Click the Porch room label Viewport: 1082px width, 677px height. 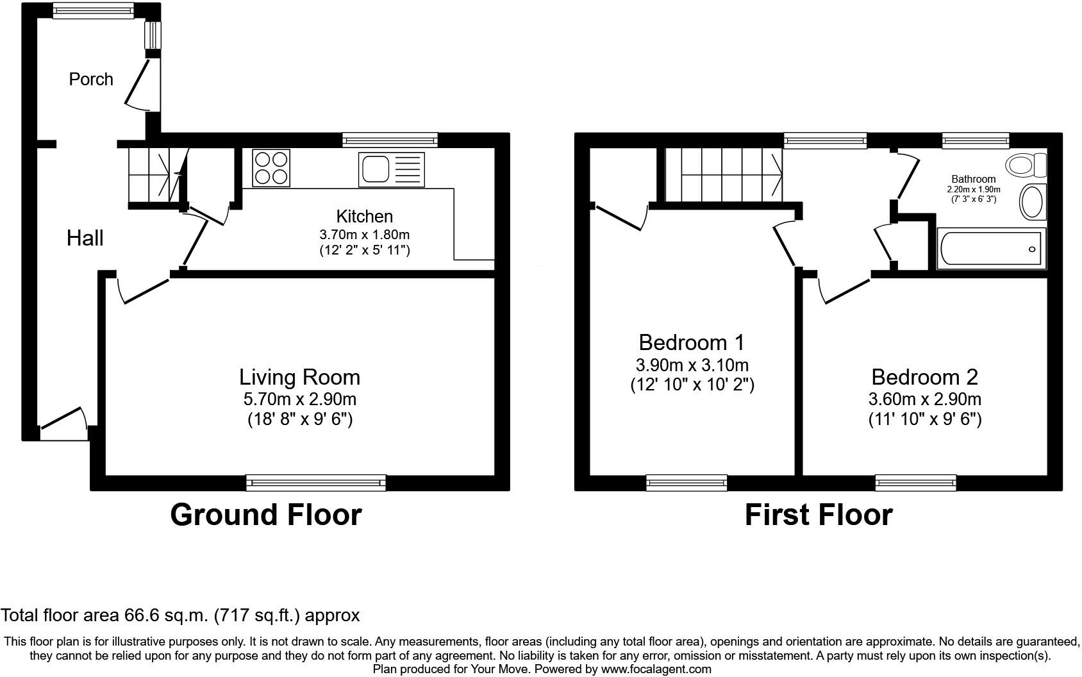(x=91, y=79)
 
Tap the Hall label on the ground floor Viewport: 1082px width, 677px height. (x=85, y=238)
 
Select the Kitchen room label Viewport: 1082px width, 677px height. (x=364, y=216)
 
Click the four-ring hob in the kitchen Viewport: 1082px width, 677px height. (x=271, y=168)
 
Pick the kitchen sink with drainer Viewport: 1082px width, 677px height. (x=391, y=170)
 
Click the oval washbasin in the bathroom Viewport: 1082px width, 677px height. (x=1033, y=202)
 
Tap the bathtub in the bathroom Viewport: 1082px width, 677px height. (x=991, y=248)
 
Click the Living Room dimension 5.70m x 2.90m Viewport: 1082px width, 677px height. (x=300, y=399)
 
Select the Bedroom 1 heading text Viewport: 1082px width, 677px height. (x=692, y=342)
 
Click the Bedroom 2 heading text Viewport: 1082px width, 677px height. (x=924, y=377)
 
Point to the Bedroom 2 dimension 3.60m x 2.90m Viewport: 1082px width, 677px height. (x=924, y=399)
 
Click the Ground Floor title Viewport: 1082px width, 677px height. (x=266, y=515)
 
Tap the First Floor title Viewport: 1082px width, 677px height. (x=819, y=515)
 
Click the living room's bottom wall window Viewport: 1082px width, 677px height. (x=316, y=483)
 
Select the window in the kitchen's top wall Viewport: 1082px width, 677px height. (x=390, y=140)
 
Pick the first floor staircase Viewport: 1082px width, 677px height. (x=724, y=174)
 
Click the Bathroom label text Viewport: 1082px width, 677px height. (x=973, y=180)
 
